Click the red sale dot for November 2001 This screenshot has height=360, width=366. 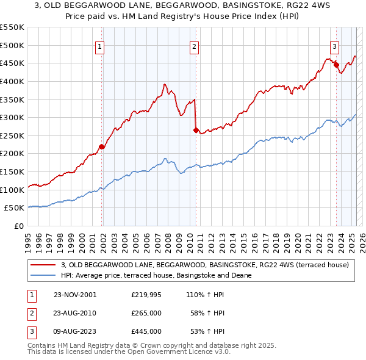pyautogui.click(x=102, y=146)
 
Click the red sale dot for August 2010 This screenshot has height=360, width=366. pyautogui.click(x=196, y=130)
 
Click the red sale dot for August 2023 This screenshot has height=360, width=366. pyautogui.click(x=336, y=65)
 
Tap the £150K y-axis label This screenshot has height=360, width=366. pyautogui.click(x=12, y=171)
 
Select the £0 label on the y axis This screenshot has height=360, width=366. pyautogui.click(x=19, y=226)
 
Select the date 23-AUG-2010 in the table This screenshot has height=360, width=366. pyautogui.click(x=76, y=313)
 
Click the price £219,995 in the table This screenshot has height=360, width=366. pyautogui.click(x=145, y=295)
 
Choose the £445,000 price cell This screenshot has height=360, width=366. pyautogui.click(x=146, y=331)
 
